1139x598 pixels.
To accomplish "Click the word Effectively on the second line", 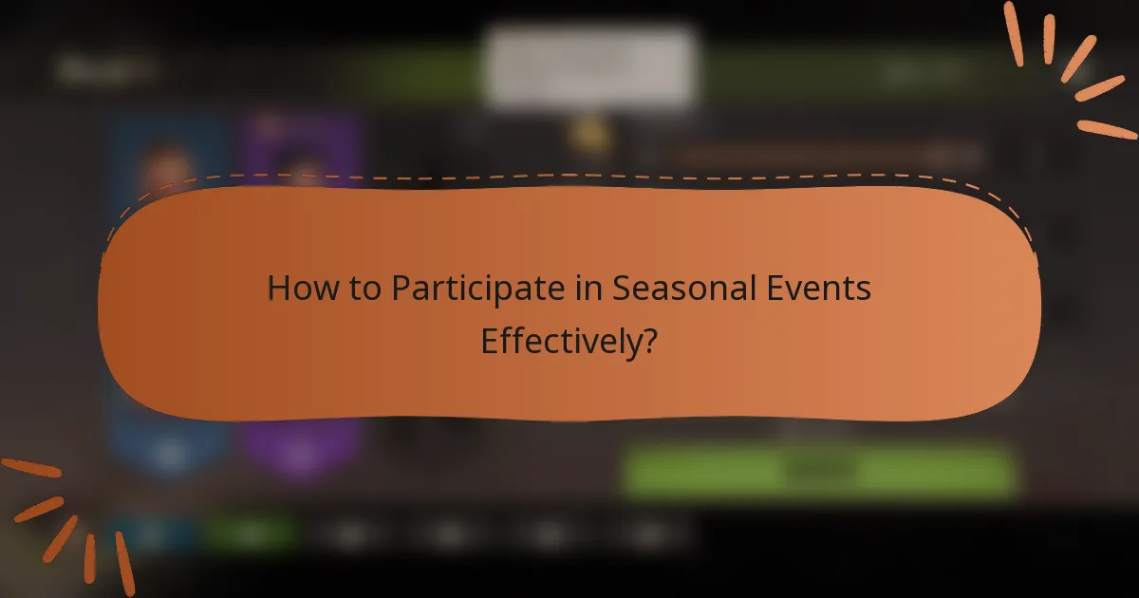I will click(x=559, y=341).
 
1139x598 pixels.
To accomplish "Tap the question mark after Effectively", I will click(x=649, y=341).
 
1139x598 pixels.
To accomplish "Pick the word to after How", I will click(x=363, y=289).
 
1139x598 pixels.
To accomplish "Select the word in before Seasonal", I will click(x=593, y=289).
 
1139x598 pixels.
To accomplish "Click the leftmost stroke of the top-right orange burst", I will click(x=1013, y=33).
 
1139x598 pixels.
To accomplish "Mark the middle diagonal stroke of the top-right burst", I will click(x=1078, y=60).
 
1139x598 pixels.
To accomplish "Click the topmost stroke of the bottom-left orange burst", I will click(x=30, y=469).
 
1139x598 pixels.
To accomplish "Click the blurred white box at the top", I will click(x=588, y=66).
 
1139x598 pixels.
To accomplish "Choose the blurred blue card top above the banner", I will click(x=169, y=147).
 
